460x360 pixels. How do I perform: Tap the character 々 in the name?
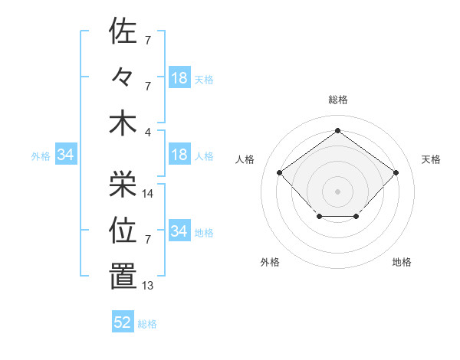click(123, 77)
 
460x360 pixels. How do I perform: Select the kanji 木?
click(123, 123)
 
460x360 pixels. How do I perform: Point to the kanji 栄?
click(123, 183)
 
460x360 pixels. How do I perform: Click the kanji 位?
click(123, 230)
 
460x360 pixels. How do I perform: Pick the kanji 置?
click(123, 277)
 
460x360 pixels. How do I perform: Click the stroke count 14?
click(149, 194)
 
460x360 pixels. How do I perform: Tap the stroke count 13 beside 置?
click(149, 286)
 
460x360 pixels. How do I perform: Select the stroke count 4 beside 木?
click(149, 131)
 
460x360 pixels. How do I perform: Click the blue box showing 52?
click(123, 322)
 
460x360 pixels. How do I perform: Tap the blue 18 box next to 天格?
click(179, 77)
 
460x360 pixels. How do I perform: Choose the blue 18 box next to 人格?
click(179, 155)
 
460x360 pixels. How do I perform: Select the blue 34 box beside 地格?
click(179, 231)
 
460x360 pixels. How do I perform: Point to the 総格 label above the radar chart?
click(337, 100)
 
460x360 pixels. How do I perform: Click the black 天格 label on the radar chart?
click(432, 159)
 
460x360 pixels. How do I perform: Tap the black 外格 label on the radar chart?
click(270, 262)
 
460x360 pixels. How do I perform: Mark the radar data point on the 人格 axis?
click(280, 172)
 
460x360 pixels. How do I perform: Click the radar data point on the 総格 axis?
click(337, 130)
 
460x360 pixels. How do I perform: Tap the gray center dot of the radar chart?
click(337, 191)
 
